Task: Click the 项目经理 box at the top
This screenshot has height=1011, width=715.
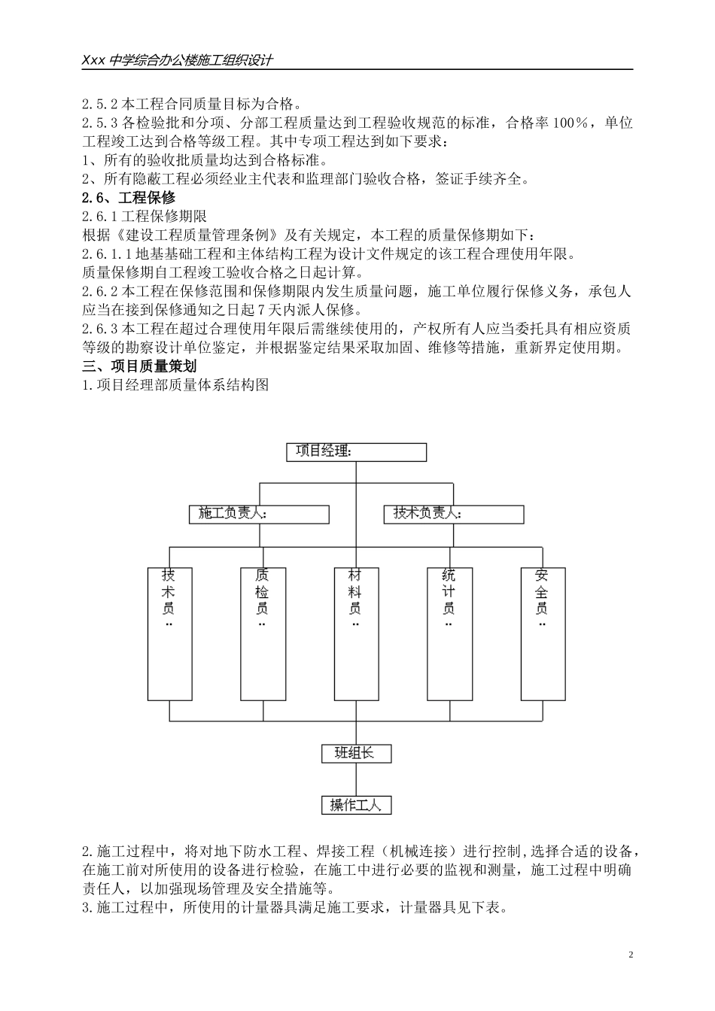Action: click(x=356, y=452)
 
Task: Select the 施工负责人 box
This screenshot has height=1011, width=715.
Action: click(x=259, y=515)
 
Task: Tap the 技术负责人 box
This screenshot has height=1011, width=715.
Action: click(x=454, y=515)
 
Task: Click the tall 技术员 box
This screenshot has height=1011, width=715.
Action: click(x=169, y=633)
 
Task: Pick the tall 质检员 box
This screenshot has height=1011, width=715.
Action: click(x=263, y=633)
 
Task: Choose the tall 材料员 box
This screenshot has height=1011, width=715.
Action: click(x=356, y=633)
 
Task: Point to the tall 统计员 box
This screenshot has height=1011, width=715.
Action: click(x=449, y=633)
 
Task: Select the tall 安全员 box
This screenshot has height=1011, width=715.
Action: click(x=543, y=633)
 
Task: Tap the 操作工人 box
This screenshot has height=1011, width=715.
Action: click(x=356, y=805)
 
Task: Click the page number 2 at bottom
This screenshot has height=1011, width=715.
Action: click(x=631, y=955)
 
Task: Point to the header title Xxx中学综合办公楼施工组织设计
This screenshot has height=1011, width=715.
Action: click(x=178, y=61)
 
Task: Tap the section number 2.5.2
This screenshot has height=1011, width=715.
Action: click(x=99, y=104)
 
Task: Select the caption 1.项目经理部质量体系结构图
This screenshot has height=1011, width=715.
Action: click(x=175, y=385)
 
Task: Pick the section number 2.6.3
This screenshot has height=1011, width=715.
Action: click(x=99, y=329)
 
